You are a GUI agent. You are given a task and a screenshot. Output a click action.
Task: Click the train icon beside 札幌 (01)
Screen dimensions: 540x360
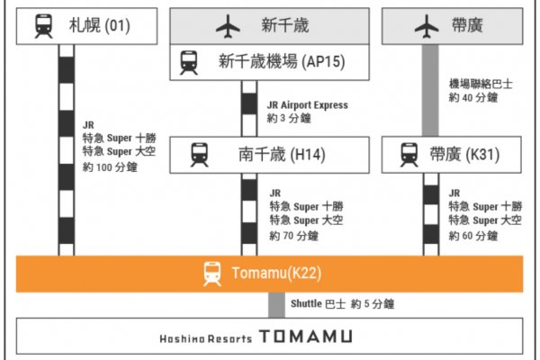point(44,26)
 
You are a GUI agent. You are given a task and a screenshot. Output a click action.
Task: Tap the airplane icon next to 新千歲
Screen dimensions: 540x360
point(228,26)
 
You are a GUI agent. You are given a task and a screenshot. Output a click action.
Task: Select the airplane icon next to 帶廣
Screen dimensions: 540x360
point(427,26)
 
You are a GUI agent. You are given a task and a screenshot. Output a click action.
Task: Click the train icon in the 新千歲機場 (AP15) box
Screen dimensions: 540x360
point(189,63)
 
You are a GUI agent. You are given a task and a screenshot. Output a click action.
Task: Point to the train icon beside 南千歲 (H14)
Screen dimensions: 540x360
point(200,155)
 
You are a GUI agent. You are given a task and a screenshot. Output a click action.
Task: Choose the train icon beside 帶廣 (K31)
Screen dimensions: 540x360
point(409,155)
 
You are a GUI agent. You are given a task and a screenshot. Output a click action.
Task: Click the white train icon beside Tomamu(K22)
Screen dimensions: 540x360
point(212,274)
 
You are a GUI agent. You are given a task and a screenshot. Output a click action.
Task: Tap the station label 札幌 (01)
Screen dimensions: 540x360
point(100,26)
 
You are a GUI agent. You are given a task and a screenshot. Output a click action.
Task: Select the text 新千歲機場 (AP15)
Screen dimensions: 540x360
point(282,62)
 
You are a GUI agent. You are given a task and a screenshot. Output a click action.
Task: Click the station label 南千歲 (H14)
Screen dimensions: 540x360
point(282,155)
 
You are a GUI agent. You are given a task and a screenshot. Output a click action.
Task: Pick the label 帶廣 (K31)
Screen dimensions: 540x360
point(464,155)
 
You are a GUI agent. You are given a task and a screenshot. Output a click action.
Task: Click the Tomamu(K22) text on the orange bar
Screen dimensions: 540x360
point(276,274)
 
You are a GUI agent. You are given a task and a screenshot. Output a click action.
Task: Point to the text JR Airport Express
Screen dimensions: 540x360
point(308,105)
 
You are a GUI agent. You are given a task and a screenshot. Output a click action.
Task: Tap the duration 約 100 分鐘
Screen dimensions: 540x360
point(110,167)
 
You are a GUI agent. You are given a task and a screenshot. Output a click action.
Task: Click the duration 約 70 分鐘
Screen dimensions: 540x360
point(293,236)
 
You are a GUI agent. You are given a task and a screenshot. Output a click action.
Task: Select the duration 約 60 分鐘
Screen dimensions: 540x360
point(473,236)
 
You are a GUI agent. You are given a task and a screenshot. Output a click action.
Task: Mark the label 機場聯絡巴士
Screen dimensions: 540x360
point(481,84)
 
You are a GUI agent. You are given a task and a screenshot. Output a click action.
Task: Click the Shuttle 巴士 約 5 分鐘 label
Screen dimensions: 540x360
point(343,304)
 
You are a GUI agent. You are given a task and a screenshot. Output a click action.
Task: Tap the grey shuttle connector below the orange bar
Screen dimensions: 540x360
point(277,305)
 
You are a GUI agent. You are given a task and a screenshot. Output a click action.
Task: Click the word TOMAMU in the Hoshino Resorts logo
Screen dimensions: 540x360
point(306,337)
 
